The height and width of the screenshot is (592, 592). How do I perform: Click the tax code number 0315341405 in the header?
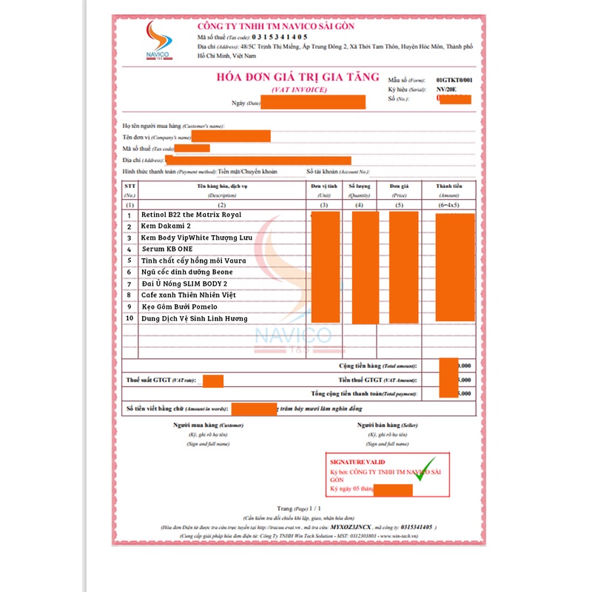tap(280, 36)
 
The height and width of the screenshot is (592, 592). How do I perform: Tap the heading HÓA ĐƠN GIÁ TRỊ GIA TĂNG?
tap(297, 78)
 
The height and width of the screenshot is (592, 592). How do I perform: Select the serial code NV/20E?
tap(448, 88)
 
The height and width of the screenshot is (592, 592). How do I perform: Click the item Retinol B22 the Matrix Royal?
tap(190, 215)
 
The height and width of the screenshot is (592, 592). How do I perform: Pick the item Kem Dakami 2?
tap(165, 226)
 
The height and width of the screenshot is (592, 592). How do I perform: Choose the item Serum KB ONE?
tap(167, 249)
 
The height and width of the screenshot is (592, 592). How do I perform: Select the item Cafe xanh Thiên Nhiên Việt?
tap(189, 295)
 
